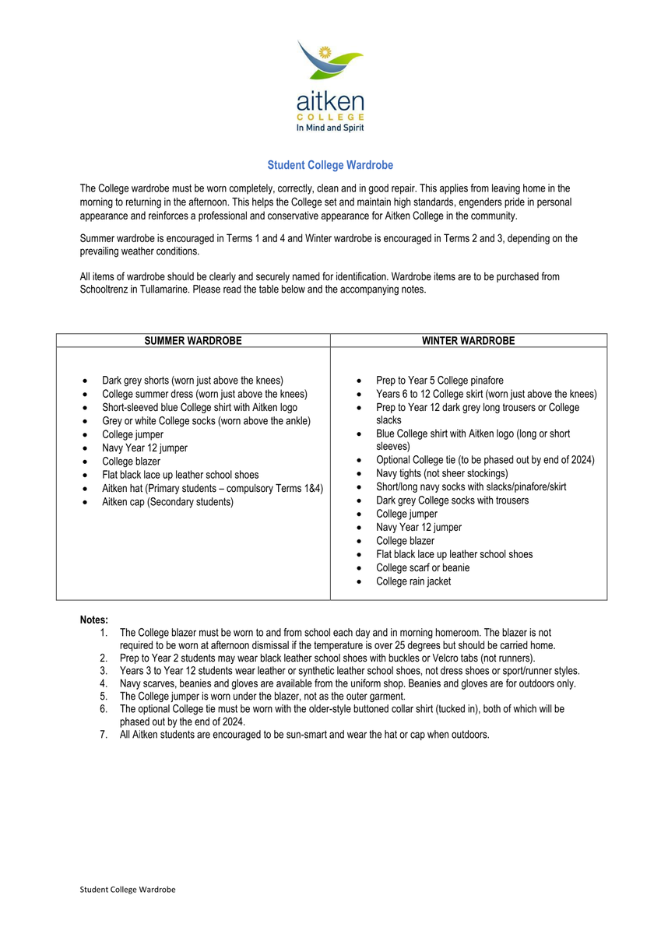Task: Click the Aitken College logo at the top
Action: coord(330,86)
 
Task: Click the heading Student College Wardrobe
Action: coord(330,165)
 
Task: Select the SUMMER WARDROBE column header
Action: coord(193,341)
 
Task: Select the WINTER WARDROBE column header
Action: coord(468,341)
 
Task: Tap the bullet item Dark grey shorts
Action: coord(192,381)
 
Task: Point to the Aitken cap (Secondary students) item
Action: coord(167,502)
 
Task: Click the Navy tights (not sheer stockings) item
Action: coord(441,473)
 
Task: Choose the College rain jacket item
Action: coord(413,581)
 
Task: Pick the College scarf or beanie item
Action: coord(422,567)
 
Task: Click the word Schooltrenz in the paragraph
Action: coord(106,290)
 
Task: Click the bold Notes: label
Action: coord(93,620)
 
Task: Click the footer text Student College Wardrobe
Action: coord(128,890)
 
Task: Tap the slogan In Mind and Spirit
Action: coord(330,128)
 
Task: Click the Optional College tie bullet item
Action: coord(485,460)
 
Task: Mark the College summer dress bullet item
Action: coord(204,394)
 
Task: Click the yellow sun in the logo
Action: coord(325,52)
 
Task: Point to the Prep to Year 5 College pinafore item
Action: coord(439,381)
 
